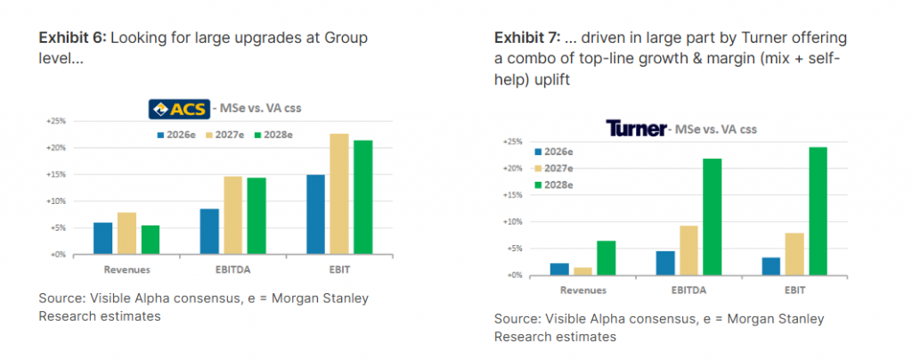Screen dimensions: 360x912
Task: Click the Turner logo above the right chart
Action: (x=636, y=128)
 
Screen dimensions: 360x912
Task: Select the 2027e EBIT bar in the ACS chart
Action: (x=339, y=194)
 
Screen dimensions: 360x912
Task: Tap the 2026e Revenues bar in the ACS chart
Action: (x=103, y=238)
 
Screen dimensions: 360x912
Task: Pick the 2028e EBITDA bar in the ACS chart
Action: (x=258, y=216)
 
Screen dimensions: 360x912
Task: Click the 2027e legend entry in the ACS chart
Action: (x=232, y=135)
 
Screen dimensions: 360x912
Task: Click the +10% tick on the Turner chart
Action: (x=511, y=222)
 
